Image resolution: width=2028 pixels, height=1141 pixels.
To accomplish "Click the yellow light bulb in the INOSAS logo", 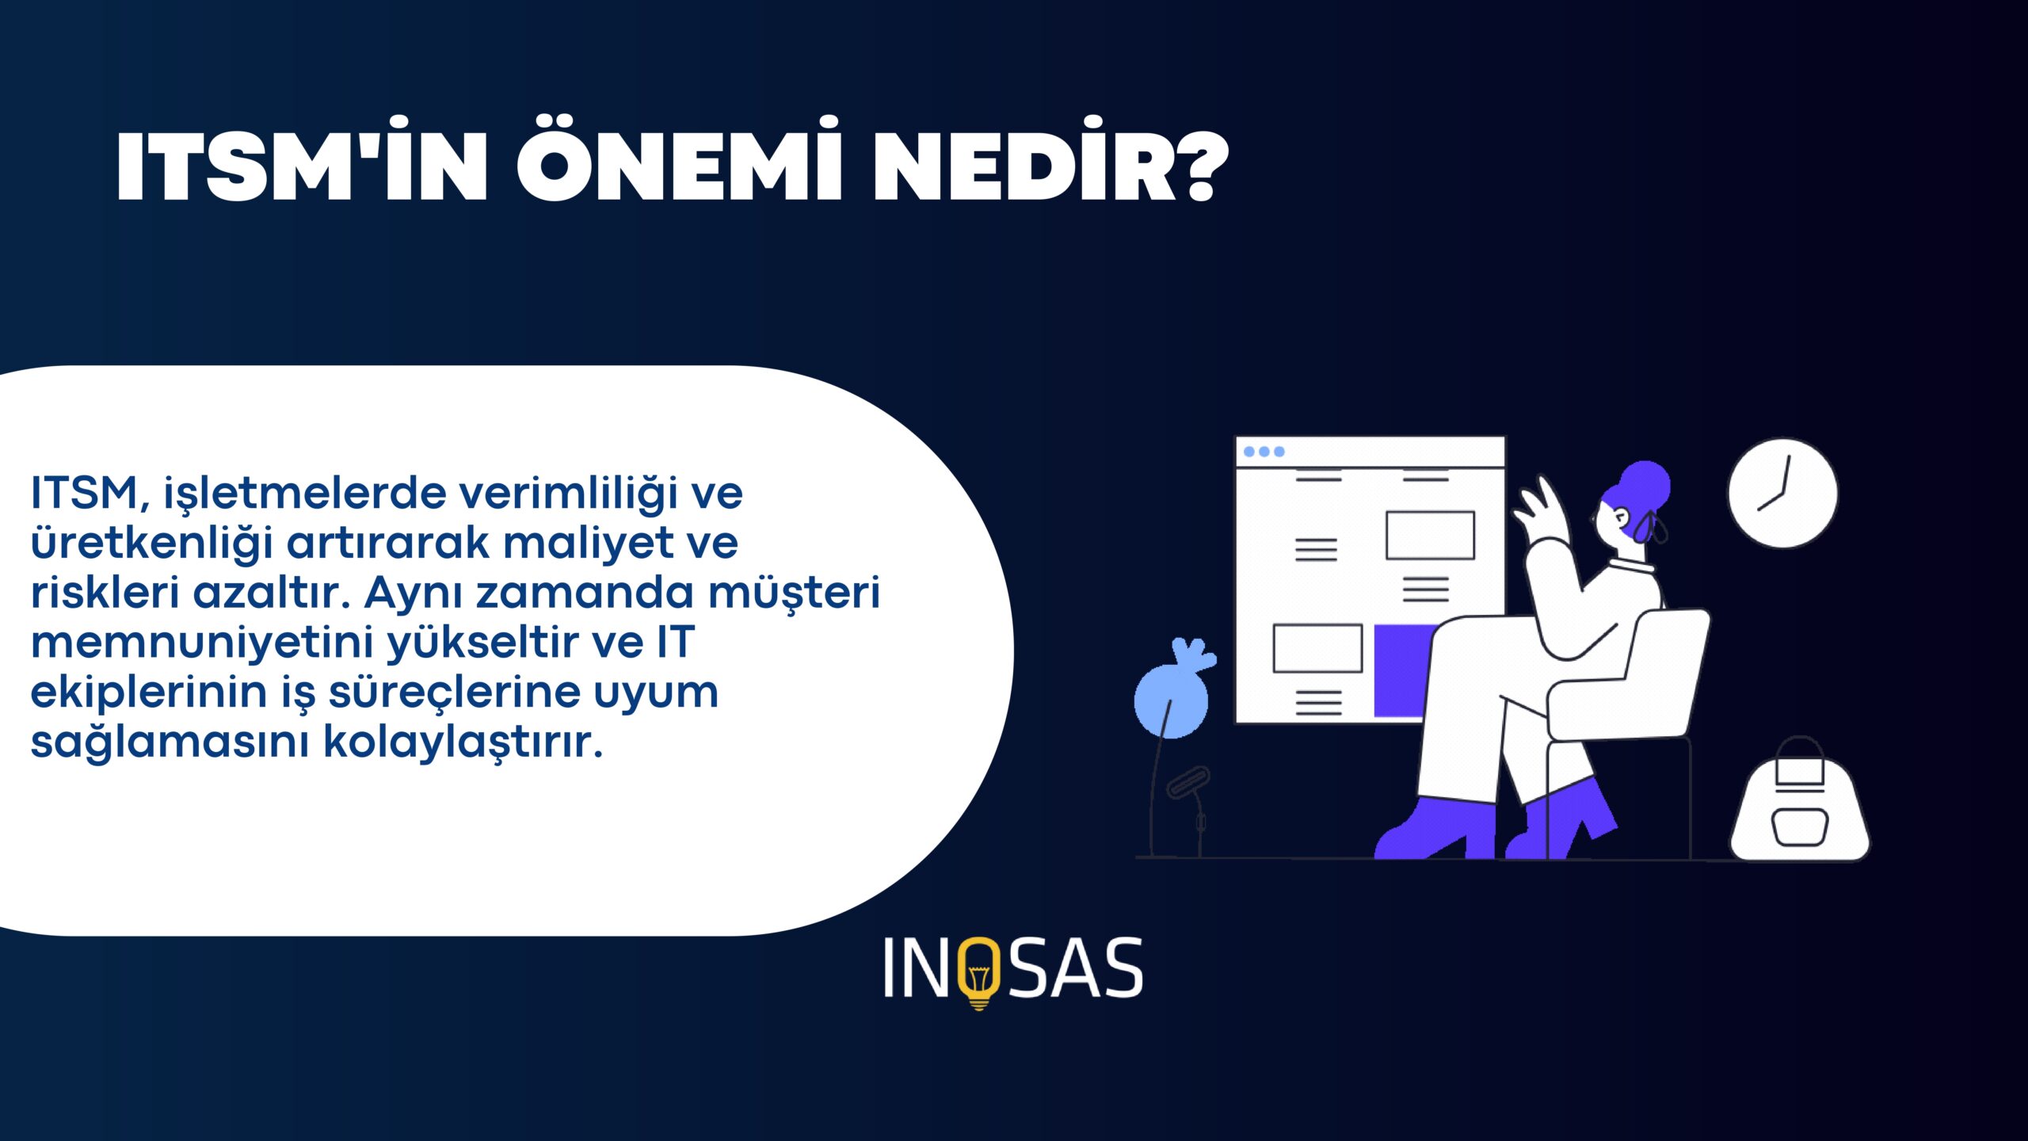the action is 979,974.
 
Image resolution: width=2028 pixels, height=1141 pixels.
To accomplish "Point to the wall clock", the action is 1782,493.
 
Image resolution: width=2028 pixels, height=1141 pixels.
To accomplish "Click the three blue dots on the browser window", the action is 1264,452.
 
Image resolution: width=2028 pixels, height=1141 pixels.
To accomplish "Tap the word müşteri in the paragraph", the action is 794,592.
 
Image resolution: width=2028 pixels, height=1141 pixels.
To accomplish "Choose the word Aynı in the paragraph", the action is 413,593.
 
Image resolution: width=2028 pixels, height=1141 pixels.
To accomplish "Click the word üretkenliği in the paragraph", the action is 151,544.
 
